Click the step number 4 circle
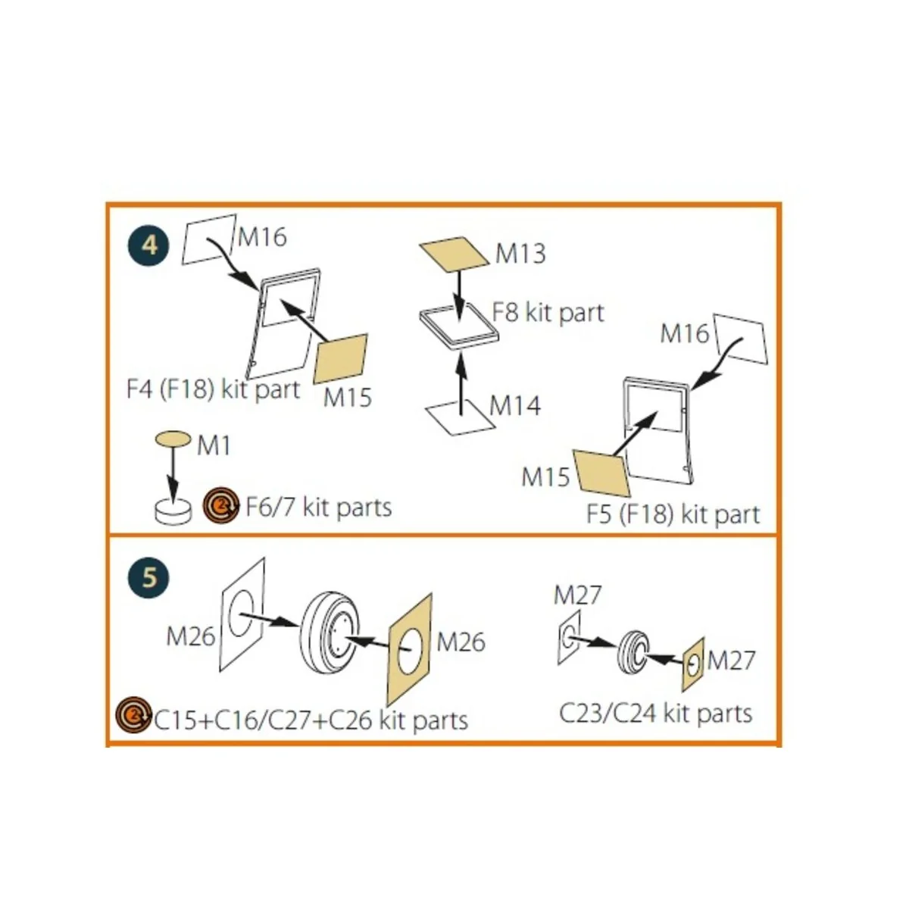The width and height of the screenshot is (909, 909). pyautogui.click(x=149, y=245)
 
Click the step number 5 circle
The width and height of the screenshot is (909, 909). pyautogui.click(x=149, y=577)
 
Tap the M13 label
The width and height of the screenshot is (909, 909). pyautogui.click(x=520, y=253)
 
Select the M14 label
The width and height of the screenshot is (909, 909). pyautogui.click(x=515, y=406)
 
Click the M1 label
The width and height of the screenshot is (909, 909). pyautogui.click(x=214, y=445)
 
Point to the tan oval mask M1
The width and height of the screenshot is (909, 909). pyautogui.click(x=173, y=439)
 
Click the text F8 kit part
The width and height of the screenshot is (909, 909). pyautogui.click(x=548, y=313)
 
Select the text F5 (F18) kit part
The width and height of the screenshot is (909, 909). pyautogui.click(x=673, y=514)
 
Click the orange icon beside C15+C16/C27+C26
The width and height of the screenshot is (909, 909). pyautogui.click(x=134, y=714)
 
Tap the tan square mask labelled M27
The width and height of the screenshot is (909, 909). pyautogui.click(x=693, y=665)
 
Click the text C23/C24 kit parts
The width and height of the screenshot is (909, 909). pyautogui.click(x=656, y=714)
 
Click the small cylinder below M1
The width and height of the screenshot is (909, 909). pyautogui.click(x=173, y=511)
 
